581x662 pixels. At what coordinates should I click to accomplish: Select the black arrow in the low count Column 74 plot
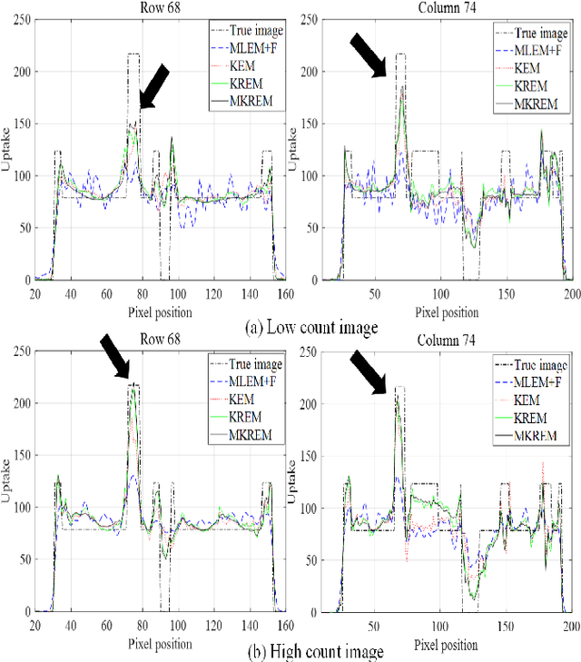click(370, 54)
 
